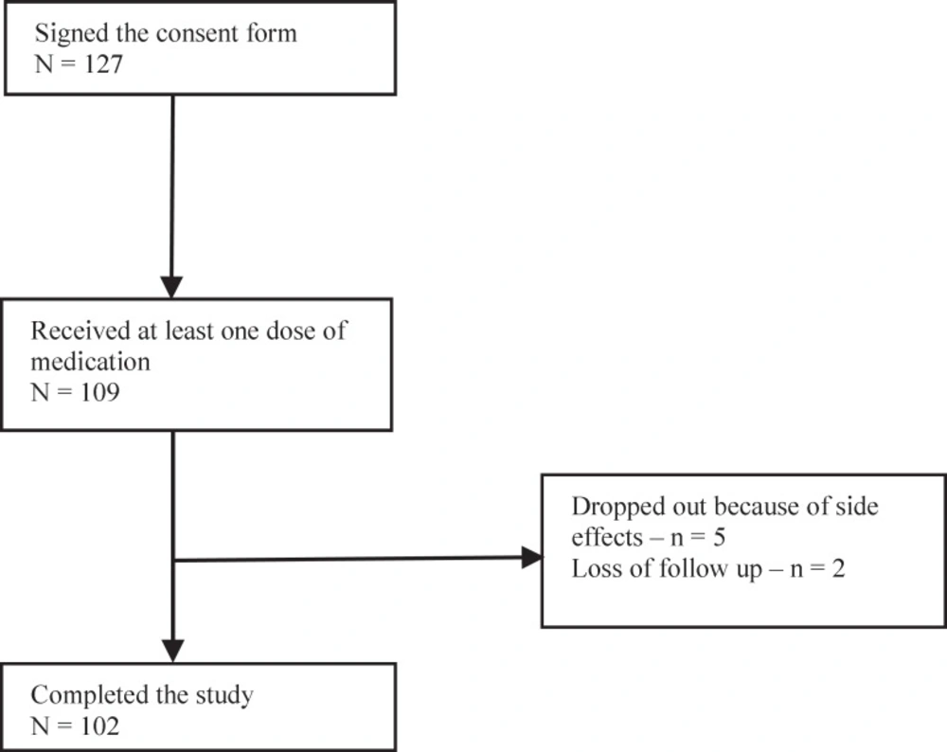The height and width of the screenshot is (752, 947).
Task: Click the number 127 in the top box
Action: [x=103, y=64]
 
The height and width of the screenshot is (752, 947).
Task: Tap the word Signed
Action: [x=73, y=35]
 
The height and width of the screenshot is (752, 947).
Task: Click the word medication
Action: [x=91, y=362]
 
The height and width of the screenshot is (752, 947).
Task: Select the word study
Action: [x=224, y=697]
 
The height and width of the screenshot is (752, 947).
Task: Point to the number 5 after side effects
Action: [x=719, y=538]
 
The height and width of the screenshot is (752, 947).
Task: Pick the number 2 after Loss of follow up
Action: [x=838, y=569]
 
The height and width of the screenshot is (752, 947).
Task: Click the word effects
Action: [x=607, y=538]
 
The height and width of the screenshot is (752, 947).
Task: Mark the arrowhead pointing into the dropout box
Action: [x=531, y=558]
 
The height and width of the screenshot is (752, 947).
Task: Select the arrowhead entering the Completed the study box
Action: [x=172, y=651]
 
